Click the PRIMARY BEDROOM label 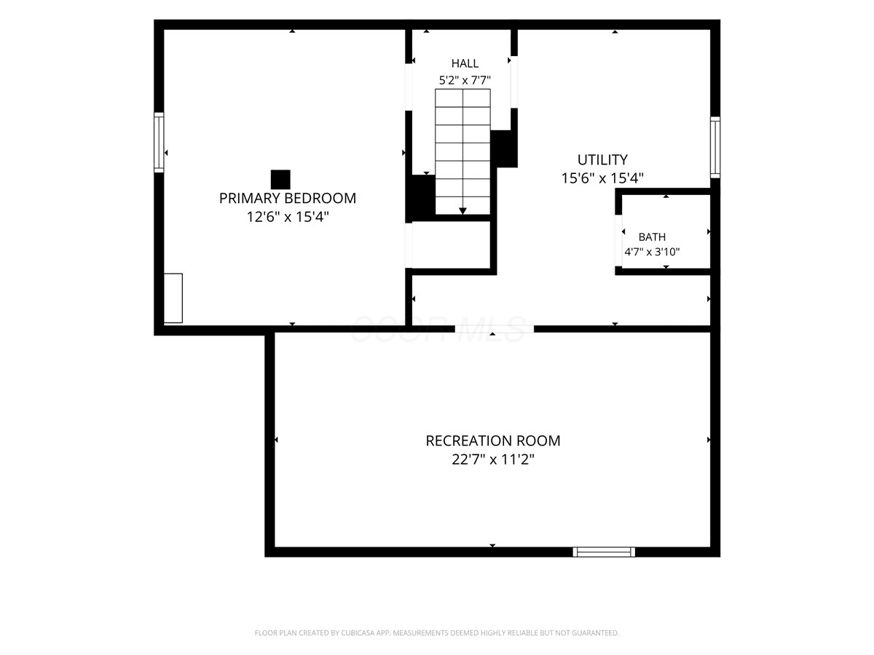(x=288, y=198)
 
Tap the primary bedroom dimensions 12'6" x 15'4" (x=288, y=217)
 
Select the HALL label (x=465, y=63)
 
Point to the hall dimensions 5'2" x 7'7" (x=465, y=80)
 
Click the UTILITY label (x=602, y=160)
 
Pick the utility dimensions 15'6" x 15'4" (x=602, y=178)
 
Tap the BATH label (x=652, y=237)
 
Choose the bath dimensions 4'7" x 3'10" (x=652, y=252)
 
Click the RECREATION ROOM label (x=493, y=440)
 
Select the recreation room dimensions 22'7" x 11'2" (x=493, y=459)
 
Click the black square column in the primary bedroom (x=280, y=180)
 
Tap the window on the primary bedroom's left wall (x=159, y=143)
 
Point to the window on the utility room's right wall (x=715, y=148)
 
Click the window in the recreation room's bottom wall (x=604, y=552)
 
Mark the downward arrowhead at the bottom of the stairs (x=462, y=211)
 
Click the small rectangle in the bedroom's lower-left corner (x=173, y=298)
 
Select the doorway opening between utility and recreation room (x=494, y=329)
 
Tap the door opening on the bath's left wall (x=618, y=241)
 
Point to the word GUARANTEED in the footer (x=596, y=632)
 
